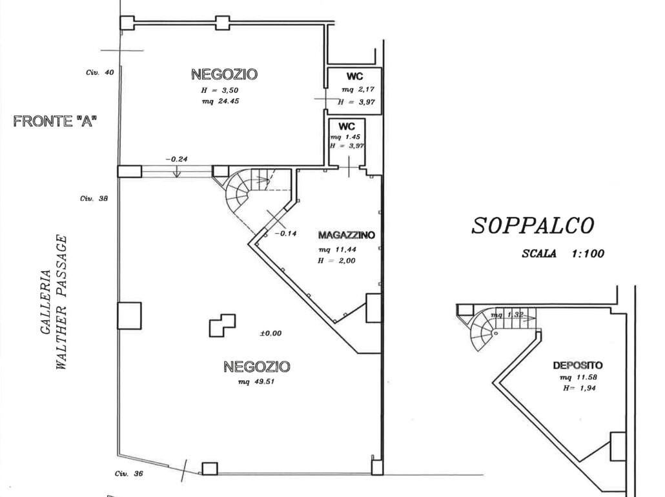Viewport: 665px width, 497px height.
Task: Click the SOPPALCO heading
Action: [533, 226]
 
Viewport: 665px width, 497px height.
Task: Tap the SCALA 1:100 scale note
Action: [563, 254]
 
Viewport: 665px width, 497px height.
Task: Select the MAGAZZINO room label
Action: [347, 235]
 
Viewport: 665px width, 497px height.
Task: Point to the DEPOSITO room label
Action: [578, 365]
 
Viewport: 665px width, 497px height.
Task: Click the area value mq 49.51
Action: [256, 381]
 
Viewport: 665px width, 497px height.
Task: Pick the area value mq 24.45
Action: [221, 101]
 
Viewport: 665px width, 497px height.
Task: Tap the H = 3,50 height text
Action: [220, 90]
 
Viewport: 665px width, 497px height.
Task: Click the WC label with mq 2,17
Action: [354, 76]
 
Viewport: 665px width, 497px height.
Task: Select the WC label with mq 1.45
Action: [347, 127]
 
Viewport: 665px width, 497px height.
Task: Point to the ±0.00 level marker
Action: [271, 333]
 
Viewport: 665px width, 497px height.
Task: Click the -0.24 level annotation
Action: [176, 159]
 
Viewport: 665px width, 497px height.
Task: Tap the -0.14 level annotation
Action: [285, 233]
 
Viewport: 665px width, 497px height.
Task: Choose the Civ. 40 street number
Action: [99, 72]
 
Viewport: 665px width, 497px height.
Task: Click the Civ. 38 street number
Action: [94, 198]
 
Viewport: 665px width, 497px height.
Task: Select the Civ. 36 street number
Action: [129, 474]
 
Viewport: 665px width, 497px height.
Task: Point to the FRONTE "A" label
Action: [55, 121]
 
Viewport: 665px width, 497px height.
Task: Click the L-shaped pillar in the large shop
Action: [222, 325]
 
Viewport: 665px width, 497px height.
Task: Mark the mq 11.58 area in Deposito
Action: [578, 378]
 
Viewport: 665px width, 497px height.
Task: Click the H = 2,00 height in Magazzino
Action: [337, 261]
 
